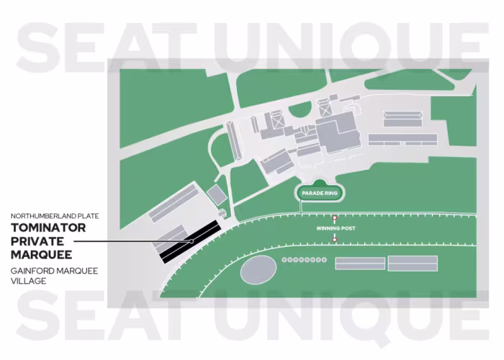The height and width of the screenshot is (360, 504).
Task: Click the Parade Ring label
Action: click(321, 193)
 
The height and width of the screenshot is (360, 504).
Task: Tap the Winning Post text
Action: click(336, 228)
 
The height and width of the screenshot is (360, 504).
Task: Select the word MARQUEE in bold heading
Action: click(41, 254)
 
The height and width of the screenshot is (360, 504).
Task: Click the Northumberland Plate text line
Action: click(54, 216)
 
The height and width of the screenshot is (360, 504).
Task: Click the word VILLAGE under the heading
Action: click(29, 281)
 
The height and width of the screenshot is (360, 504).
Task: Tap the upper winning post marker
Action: click(335, 219)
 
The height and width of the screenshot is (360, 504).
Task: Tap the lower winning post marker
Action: click(335, 238)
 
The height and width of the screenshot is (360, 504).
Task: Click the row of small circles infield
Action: click(305, 259)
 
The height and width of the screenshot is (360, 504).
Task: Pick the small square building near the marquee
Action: click(216, 194)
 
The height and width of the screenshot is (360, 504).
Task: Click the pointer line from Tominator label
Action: click(137, 241)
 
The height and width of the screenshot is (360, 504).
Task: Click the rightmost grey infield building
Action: click(413, 263)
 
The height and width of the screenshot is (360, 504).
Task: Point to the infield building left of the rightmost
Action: click(359, 263)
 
